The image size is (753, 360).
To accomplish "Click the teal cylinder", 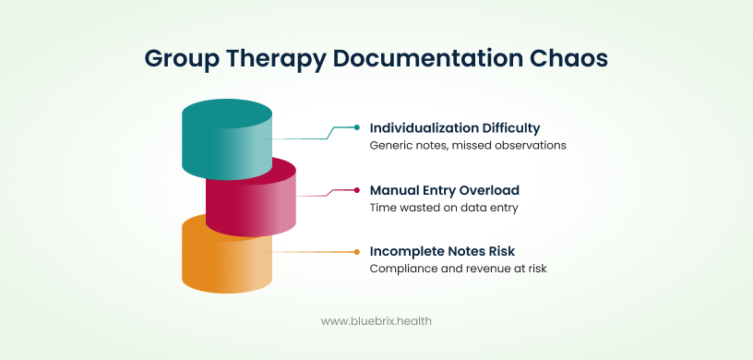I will coord(227,138).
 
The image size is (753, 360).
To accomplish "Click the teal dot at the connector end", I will coord(357,127).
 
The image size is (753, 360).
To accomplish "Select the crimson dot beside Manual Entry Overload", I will coord(357,190).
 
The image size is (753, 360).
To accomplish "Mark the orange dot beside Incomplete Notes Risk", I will coord(357,251).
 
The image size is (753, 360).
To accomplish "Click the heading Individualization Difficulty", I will coord(455,128).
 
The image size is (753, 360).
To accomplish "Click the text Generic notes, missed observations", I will coord(468,146).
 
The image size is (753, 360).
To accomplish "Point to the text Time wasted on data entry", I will coord(444,208).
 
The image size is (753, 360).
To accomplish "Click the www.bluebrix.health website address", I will coord(376,321).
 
